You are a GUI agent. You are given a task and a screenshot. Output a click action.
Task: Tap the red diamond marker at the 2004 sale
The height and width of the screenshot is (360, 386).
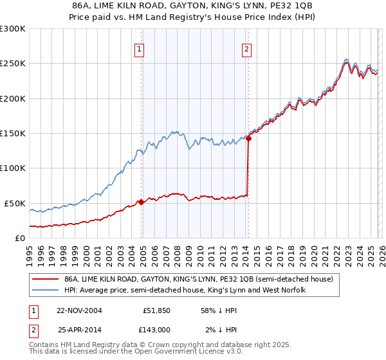(x=142, y=202)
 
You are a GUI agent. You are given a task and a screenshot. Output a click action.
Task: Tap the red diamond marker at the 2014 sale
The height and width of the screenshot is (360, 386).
(x=248, y=138)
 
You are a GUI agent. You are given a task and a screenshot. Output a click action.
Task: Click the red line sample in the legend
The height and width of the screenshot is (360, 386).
(x=45, y=280)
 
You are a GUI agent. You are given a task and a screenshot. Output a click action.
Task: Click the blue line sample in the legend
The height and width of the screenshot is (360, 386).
(x=45, y=291)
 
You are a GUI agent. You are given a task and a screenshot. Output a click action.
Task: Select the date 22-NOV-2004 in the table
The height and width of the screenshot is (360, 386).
(x=79, y=310)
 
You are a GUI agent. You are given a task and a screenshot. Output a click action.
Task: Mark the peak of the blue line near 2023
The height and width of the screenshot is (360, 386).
(x=346, y=59)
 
